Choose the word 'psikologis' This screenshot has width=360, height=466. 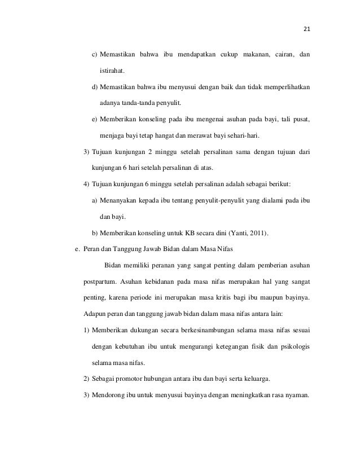tap(292, 347)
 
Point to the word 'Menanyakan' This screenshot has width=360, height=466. tap(119, 201)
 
